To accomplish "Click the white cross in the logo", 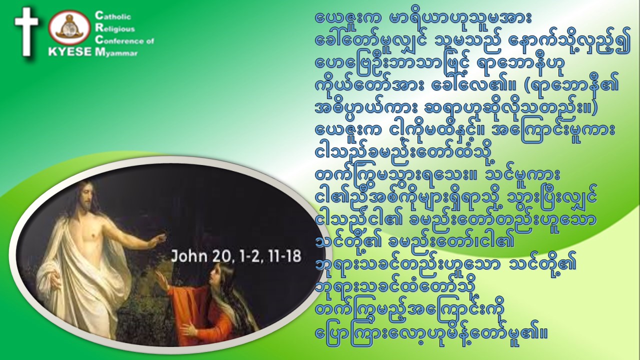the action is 26,31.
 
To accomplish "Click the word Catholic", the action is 113,16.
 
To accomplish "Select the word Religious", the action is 115,28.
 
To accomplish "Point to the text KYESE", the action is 70,51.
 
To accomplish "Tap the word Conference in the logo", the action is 120,40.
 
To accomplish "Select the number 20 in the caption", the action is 221,256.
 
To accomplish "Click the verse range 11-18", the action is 284,256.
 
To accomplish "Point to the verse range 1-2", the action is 249,256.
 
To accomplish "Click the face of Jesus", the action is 86,196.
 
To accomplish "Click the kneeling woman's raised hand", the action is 162,280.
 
